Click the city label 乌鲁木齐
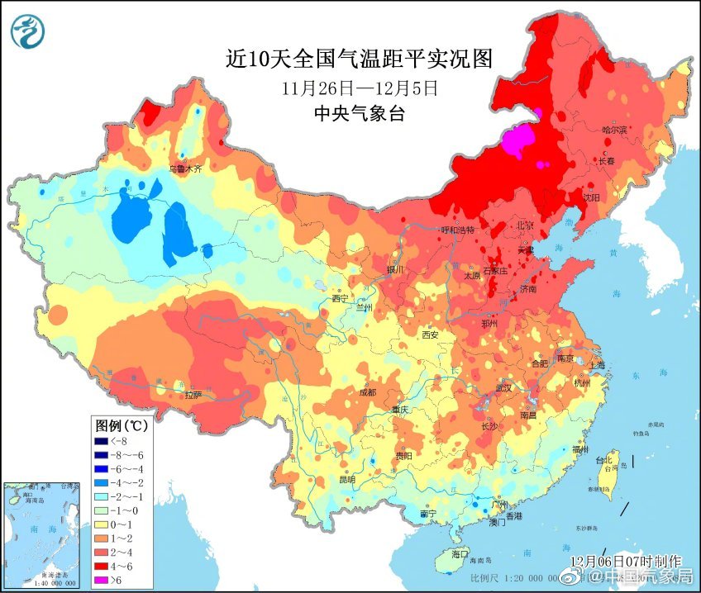pyautogui.click(x=185, y=168)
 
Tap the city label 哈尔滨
pyautogui.click(x=614, y=130)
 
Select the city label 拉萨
pyautogui.click(x=193, y=395)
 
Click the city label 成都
pyautogui.click(x=367, y=391)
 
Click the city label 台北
pyautogui.click(x=607, y=460)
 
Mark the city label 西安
pyautogui.click(x=430, y=334)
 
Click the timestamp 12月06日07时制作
pyautogui.click(x=613, y=561)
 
